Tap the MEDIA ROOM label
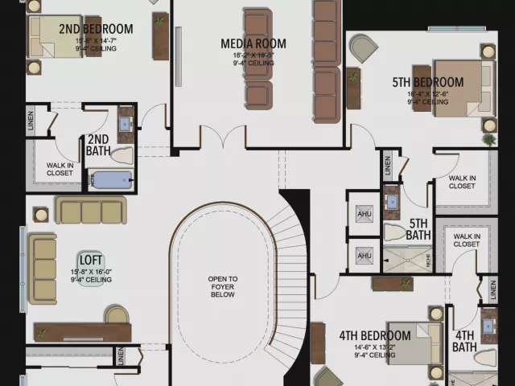pyautogui.click(x=253, y=43)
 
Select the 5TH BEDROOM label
pyautogui.click(x=427, y=82)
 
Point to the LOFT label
pyautogui.click(x=90, y=260)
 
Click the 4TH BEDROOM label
pyautogui.click(x=374, y=335)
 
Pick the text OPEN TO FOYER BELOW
pyautogui.click(x=223, y=287)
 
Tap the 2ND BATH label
pyautogui.click(x=98, y=145)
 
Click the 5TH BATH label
pyautogui.click(x=418, y=229)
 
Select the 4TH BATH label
pyautogui.click(x=464, y=341)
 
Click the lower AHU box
pyautogui.click(x=365, y=256)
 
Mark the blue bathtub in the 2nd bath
pyautogui.click(x=112, y=179)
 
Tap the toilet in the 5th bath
pyautogui.click(x=394, y=232)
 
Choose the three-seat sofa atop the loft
pyautogui.click(x=91, y=211)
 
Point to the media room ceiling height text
pyautogui.click(x=253, y=63)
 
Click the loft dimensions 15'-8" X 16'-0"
pyautogui.click(x=90, y=272)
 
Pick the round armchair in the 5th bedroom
pyautogui.click(x=363, y=48)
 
